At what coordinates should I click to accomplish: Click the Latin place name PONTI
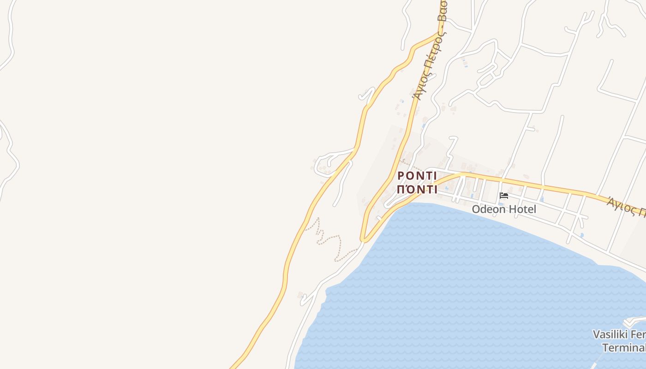[417, 176]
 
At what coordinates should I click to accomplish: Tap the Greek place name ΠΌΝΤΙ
[417, 190]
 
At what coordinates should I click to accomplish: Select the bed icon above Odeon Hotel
[504, 196]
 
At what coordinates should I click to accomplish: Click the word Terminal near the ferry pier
[624, 347]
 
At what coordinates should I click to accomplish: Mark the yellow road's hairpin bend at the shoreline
[364, 239]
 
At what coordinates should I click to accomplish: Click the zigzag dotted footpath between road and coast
[329, 238]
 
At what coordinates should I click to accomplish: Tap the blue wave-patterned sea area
[461, 286]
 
